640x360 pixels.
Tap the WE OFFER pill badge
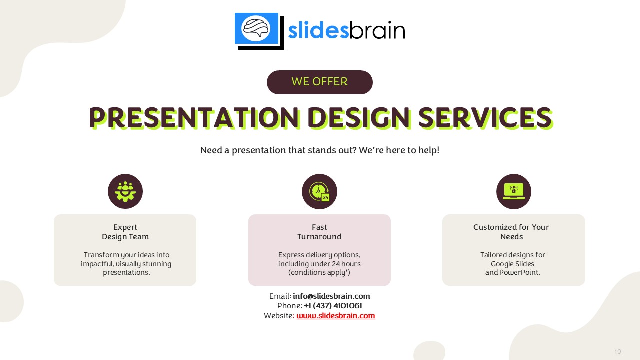[x=319, y=82]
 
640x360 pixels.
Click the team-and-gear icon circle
[x=125, y=191]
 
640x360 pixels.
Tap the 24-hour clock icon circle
[x=319, y=191]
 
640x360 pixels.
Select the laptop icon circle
[x=513, y=191]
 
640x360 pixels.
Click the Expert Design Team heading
[x=125, y=232]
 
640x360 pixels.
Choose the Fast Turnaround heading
[x=319, y=232]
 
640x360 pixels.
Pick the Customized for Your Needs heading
[x=511, y=232]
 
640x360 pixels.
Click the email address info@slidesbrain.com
[x=331, y=296]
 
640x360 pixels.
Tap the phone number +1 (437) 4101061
[x=333, y=306]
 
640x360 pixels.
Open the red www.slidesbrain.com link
[x=335, y=315]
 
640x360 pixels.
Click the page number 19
[x=618, y=351]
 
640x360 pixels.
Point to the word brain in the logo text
[x=377, y=30]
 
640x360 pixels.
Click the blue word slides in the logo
[x=318, y=30]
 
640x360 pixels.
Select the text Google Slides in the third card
[x=512, y=264]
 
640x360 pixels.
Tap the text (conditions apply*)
[x=319, y=272]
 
